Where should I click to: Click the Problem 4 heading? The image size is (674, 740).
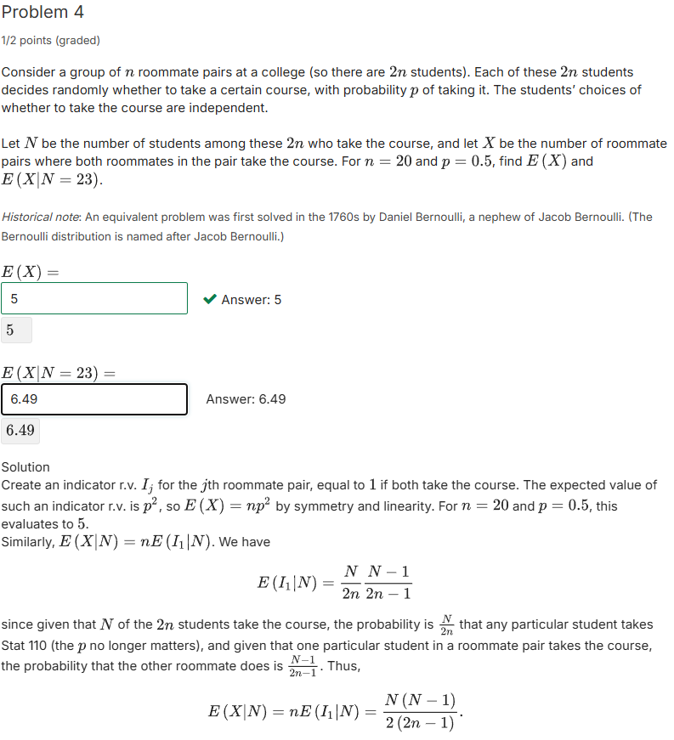coord(42,13)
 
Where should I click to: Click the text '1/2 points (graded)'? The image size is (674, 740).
coord(50,40)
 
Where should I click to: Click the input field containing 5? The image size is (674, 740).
coord(94,298)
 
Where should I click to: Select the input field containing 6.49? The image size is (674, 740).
coord(94,399)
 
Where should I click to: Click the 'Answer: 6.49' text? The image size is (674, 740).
coord(246,399)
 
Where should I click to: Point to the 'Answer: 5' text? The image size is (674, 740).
coord(251,299)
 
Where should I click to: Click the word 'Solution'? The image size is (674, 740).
coord(25,467)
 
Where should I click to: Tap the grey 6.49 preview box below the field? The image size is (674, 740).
coord(20,430)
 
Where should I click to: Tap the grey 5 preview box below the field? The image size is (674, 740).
coord(16,330)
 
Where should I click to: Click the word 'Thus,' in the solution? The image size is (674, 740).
coord(344,665)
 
